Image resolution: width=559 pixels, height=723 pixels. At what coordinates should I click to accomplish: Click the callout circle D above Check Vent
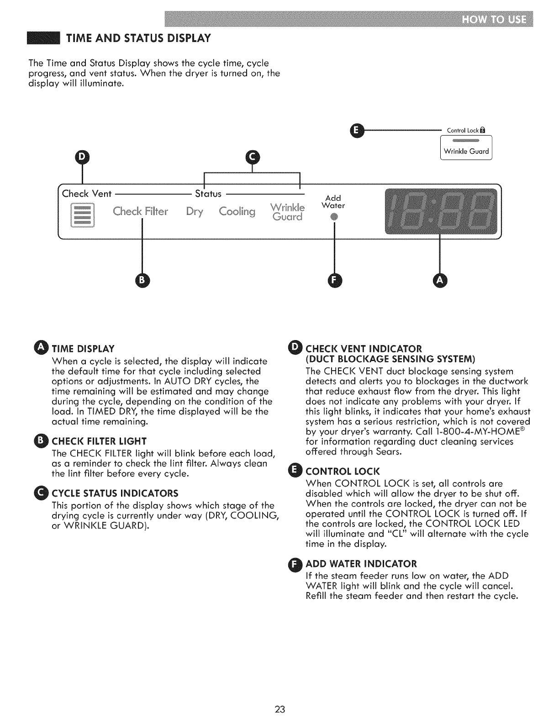pyautogui.click(x=83, y=157)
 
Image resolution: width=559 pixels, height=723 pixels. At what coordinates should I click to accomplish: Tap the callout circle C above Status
pyautogui.click(x=252, y=157)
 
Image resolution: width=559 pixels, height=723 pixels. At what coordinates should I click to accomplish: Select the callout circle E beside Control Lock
pyautogui.click(x=356, y=131)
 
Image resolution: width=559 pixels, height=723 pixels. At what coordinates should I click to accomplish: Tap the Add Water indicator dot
pyautogui.click(x=334, y=216)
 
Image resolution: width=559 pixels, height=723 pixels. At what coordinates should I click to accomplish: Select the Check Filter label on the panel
pyautogui.click(x=141, y=212)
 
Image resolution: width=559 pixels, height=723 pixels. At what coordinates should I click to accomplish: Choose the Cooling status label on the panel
pyautogui.click(x=237, y=212)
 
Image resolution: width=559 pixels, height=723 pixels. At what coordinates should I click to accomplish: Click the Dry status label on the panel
pyautogui.click(x=195, y=212)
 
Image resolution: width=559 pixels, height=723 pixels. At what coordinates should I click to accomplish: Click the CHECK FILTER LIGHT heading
pyautogui.click(x=99, y=441)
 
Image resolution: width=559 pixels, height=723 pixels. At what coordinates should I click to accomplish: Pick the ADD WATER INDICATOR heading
pyautogui.click(x=361, y=563)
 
